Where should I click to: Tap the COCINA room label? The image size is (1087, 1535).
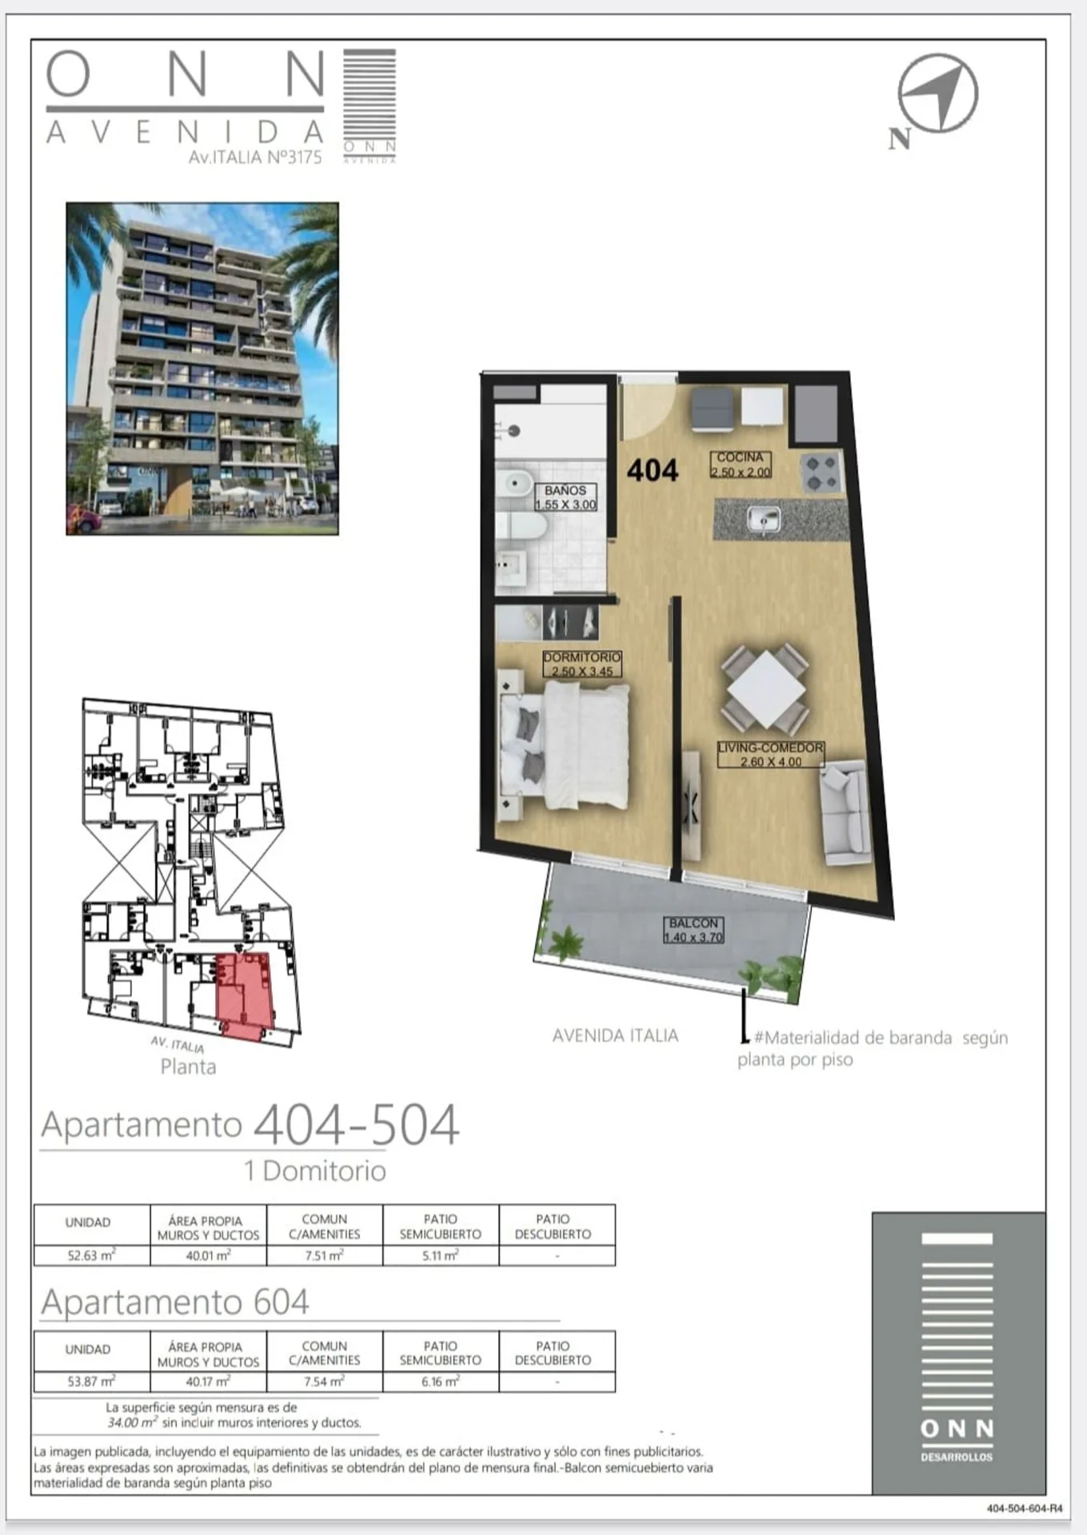click(x=741, y=464)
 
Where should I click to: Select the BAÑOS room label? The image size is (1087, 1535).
click(x=565, y=497)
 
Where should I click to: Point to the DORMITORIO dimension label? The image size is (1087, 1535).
click(x=582, y=664)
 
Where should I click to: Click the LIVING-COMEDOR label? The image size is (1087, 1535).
click(x=770, y=755)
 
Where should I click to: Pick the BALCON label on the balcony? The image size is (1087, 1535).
click(x=693, y=930)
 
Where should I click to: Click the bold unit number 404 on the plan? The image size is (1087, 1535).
click(x=653, y=470)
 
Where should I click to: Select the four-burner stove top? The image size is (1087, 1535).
click(x=821, y=472)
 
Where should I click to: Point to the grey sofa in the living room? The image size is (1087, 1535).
click(x=845, y=813)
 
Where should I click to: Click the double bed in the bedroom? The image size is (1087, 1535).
click(x=564, y=745)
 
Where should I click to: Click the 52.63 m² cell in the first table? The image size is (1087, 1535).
click(x=91, y=1255)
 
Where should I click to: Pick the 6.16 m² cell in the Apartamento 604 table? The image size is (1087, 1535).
click(x=441, y=1381)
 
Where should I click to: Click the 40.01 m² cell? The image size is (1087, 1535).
click(x=208, y=1255)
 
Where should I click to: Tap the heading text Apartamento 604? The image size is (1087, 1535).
click(x=175, y=1302)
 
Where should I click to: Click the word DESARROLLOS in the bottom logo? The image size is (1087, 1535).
click(x=957, y=1457)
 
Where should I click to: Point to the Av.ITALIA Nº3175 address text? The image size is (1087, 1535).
click(x=255, y=157)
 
